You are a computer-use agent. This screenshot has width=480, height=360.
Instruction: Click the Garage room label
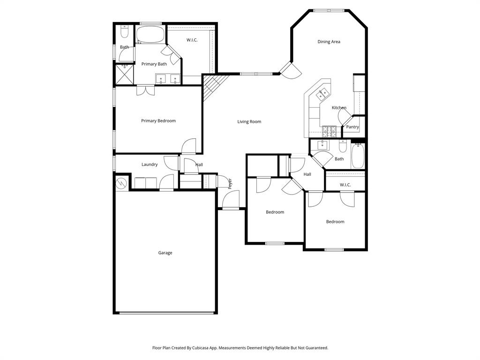click(x=165, y=253)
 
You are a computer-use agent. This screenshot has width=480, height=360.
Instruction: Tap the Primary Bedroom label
click(x=158, y=121)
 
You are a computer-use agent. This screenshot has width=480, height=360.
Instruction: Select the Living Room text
click(x=249, y=122)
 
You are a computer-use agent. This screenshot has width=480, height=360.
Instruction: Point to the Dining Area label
click(x=329, y=42)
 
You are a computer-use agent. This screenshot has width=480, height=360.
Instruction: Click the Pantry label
click(x=352, y=127)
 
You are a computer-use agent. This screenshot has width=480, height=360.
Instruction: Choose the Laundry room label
click(x=150, y=165)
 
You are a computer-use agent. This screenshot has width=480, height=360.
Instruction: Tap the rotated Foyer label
click(x=230, y=183)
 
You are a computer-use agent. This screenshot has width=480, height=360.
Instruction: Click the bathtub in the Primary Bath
click(x=150, y=35)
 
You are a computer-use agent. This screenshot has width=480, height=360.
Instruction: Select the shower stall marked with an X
click(x=125, y=74)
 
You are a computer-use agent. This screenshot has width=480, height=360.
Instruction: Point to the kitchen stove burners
click(x=329, y=131)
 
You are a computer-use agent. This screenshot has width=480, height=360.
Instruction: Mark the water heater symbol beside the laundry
click(x=121, y=182)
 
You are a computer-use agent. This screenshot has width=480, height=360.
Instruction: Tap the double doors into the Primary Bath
click(x=145, y=90)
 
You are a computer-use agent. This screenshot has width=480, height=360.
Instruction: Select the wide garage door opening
click(x=165, y=313)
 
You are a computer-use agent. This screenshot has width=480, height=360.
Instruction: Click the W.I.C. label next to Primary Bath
click(x=192, y=40)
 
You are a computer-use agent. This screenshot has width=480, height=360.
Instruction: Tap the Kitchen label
click(x=339, y=108)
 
